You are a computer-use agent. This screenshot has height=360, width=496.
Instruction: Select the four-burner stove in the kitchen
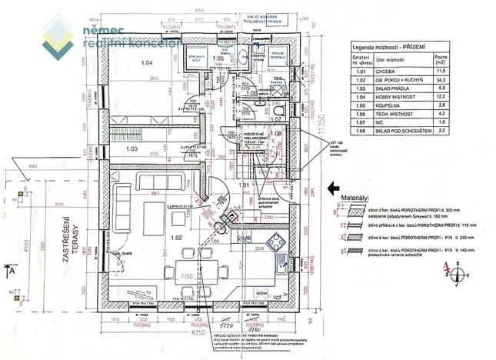[281, 260]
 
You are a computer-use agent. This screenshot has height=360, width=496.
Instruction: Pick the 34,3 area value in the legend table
[462, 80]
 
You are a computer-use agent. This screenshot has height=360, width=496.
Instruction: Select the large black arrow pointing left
[335, 187]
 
